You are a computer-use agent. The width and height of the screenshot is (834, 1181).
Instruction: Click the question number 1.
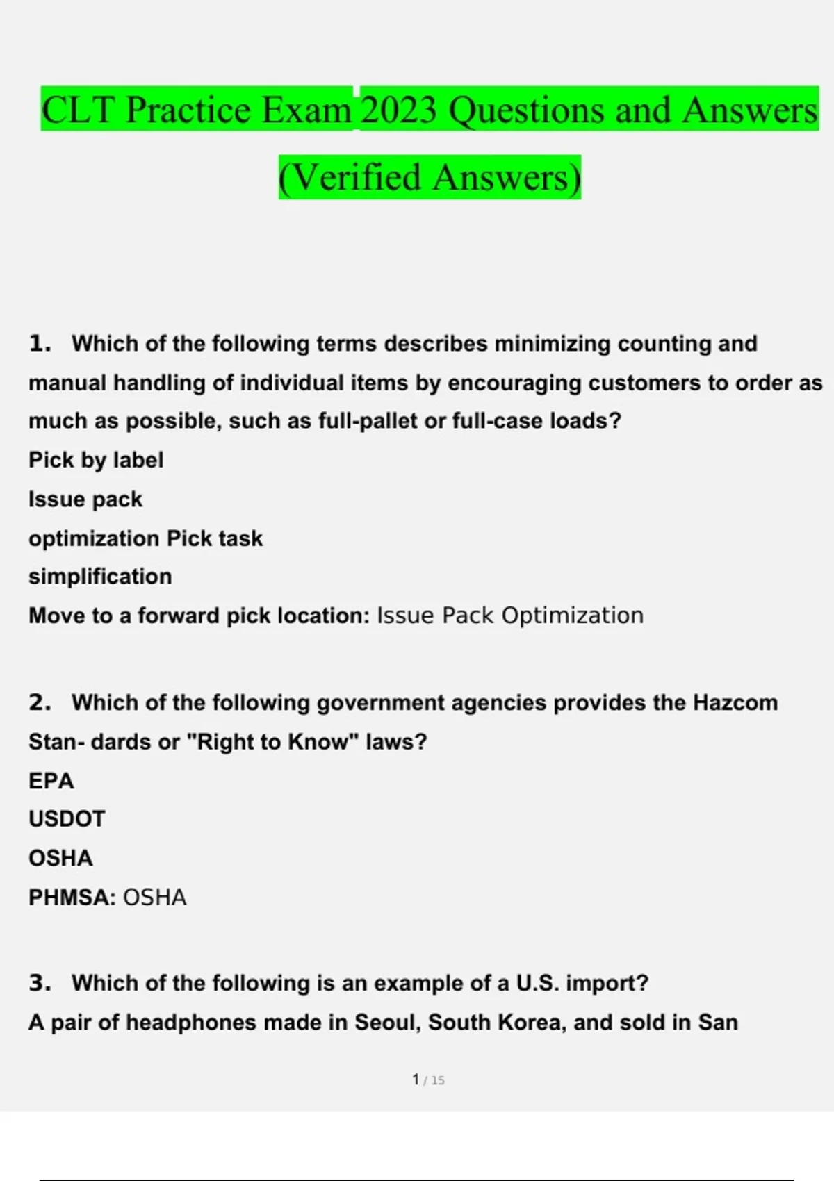(40, 343)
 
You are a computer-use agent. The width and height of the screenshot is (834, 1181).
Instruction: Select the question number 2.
(40, 702)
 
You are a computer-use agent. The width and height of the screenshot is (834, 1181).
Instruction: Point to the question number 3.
(40, 983)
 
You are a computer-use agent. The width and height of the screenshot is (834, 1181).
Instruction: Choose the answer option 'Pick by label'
(96, 460)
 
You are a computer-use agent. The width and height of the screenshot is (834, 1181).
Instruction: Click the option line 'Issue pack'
(85, 499)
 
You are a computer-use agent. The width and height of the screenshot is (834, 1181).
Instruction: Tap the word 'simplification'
(100, 576)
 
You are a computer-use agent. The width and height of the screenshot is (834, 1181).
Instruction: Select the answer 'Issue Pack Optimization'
(509, 616)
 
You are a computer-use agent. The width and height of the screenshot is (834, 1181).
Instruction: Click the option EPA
(51, 781)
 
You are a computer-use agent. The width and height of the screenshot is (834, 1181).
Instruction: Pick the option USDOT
(67, 819)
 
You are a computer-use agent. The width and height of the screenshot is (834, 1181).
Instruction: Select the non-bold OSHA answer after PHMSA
(155, 898)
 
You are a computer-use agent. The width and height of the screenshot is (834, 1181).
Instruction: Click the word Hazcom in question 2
(735, 702)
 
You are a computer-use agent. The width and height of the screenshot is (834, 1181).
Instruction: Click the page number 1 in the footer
(416, 1080)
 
